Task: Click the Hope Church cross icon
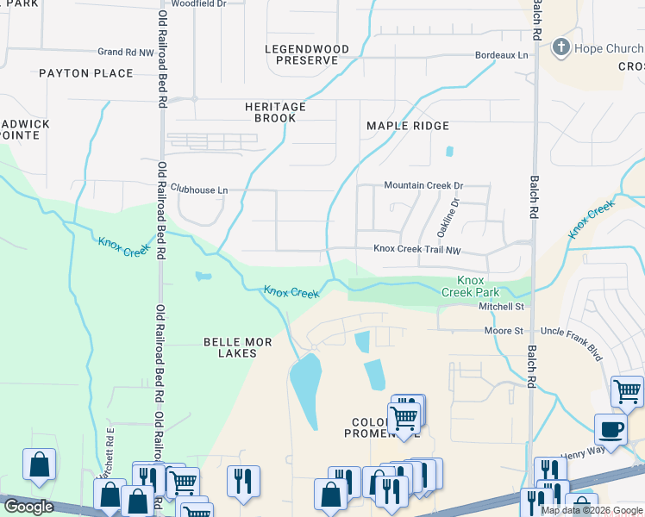pos(561,48)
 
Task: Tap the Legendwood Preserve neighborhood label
pos(307,55)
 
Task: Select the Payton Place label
pos(86,73)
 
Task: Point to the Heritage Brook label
pos(275,112)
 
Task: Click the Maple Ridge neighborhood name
pos(408,126)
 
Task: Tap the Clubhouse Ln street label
pos(199,189)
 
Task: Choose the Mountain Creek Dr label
pos(423,185)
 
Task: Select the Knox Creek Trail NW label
pos(417,249)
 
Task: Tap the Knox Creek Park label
pos(470,287)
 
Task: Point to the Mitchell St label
pos(501,306)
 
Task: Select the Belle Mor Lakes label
pos(237,347)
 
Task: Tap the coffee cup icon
pos(611,429)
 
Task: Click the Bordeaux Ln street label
pos(501,55)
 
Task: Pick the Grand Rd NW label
pos(125,52)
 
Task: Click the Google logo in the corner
pos(28,507)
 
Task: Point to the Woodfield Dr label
pos(198,4)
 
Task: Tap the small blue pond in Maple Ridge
pos(449,152)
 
